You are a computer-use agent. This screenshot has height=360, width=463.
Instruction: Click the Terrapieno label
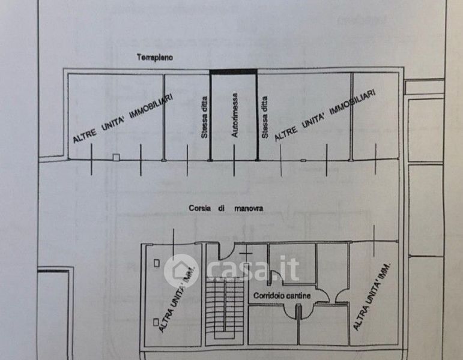[x=154, y=58]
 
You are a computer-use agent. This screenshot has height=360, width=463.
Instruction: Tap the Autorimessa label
[x=235, y=116]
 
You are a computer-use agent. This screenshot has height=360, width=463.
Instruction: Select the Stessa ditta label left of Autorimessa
[x=204, y=118]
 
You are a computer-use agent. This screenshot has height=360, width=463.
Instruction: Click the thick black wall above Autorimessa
[x=234, y=72]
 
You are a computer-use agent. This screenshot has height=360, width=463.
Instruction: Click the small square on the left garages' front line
[x=117, y=157]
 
